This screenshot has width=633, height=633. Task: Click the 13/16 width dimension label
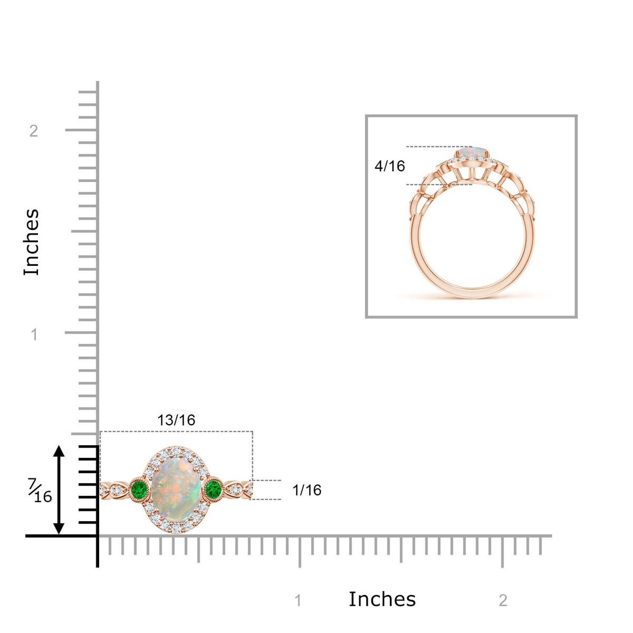176,420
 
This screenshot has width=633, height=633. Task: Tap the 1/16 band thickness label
307,490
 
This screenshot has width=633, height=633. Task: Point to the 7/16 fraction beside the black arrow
40,491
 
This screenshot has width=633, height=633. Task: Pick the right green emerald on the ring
213,489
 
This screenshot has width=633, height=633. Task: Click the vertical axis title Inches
32,242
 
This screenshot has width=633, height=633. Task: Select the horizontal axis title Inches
382,599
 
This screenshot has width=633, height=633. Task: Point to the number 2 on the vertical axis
34,131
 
